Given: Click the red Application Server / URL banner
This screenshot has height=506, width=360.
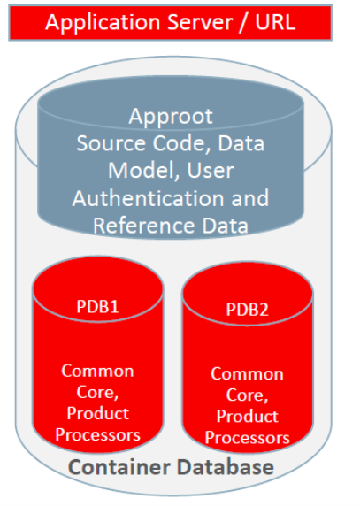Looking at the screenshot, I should click(171, 21).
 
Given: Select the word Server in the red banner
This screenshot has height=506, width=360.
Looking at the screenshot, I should click(197, 22).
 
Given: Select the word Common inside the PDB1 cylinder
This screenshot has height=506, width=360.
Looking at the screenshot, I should click(97, 371).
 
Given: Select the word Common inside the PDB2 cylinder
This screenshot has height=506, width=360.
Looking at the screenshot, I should click(248, 374).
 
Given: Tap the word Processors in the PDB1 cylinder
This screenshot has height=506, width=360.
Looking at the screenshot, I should click(97, 434).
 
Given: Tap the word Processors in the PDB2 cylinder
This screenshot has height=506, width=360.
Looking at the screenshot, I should click(248, 438).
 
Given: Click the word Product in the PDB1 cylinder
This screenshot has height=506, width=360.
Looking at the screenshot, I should click(99, 413).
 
